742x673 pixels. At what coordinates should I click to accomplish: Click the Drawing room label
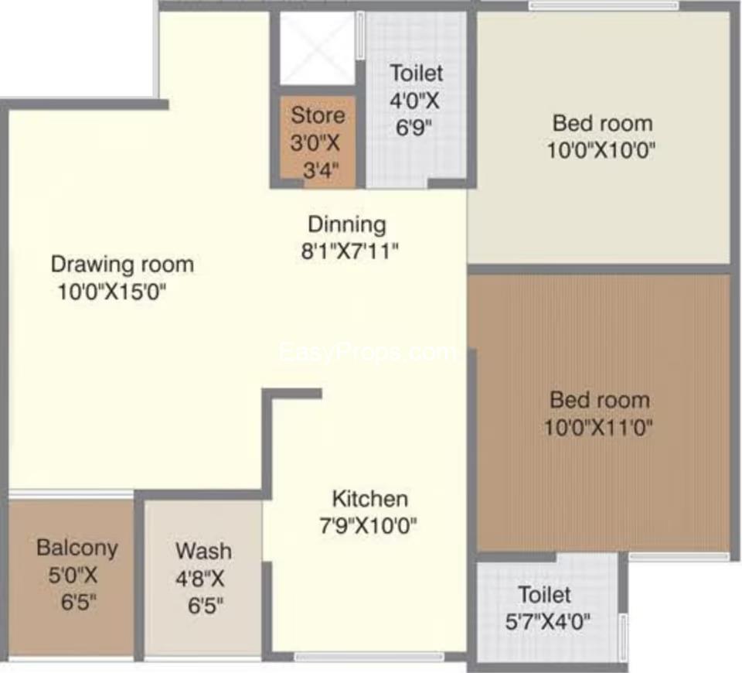122,265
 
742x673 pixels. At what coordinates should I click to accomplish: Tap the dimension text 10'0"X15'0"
112,292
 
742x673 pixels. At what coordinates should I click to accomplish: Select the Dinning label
347,224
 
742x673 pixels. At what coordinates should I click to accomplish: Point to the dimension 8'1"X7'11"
349,251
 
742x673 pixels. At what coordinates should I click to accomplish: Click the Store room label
318,115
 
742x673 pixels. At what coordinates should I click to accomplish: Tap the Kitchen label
370,499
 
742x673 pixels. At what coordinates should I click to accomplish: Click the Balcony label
77,548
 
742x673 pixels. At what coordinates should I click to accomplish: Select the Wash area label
203,551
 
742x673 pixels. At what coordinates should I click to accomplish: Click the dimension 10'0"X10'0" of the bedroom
601,151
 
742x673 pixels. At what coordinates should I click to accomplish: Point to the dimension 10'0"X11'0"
598,428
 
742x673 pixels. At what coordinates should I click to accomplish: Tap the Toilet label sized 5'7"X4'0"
545,594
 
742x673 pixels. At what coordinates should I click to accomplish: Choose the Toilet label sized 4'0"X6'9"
417,73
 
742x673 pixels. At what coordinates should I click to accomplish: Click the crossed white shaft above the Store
317,48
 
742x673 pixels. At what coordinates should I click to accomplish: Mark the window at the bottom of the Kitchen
369,657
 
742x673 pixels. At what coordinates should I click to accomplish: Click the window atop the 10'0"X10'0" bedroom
604,5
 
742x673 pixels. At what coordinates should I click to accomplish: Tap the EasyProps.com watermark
368,353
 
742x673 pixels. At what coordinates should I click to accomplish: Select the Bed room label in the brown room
600,401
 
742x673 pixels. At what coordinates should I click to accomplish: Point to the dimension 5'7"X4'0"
548,621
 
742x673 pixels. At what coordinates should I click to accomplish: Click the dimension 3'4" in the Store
321,170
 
